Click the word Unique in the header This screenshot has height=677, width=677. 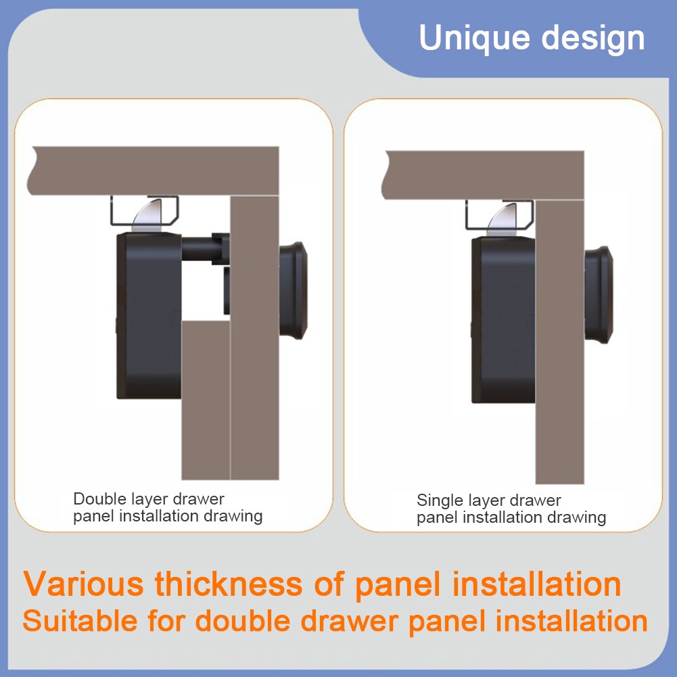474,39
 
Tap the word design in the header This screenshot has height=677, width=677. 593,39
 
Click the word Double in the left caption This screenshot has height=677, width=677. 99,498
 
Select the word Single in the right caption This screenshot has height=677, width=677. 440,500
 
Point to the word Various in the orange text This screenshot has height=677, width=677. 83,584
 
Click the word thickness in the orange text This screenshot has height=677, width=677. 229,584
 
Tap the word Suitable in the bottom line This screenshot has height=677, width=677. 80,621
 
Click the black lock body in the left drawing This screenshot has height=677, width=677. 149,315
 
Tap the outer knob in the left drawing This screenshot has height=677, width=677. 293,290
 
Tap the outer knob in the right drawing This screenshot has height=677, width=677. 599,295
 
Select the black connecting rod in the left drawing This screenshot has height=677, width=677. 205,248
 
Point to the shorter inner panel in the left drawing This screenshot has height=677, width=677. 206,400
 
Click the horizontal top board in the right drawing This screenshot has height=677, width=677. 484,175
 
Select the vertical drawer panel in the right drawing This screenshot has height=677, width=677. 560,341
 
